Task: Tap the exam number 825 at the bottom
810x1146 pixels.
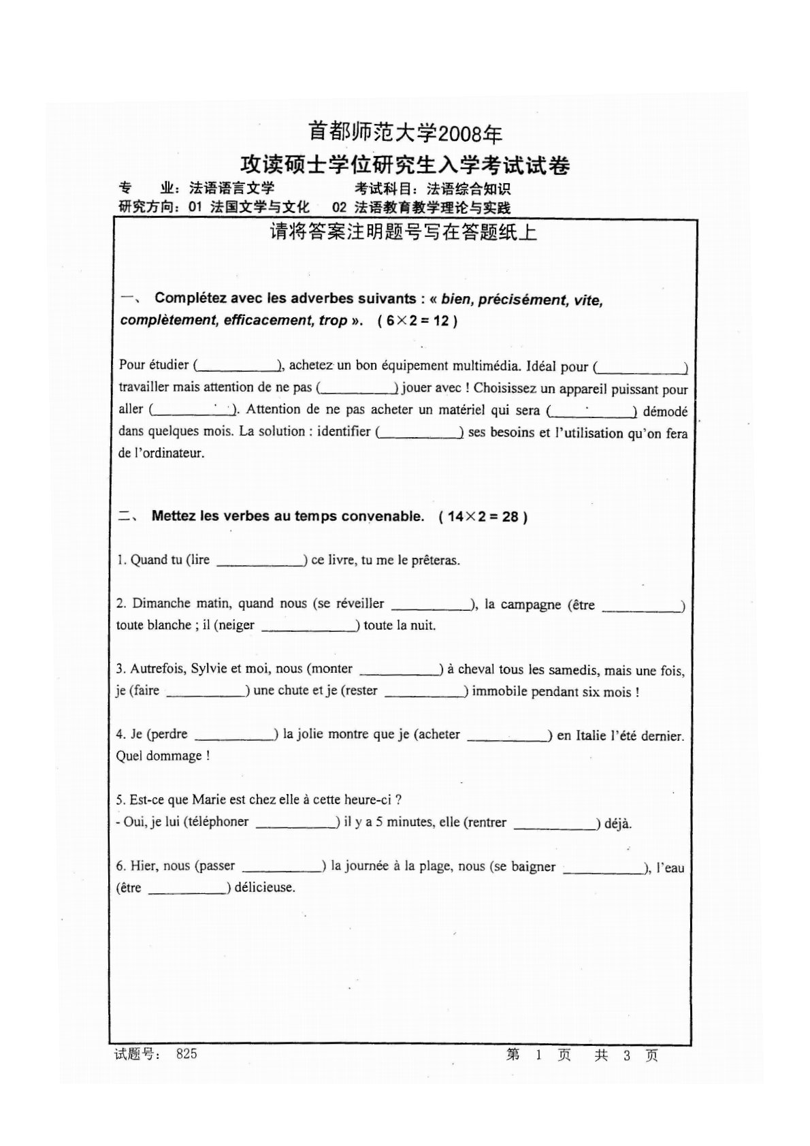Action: (186, 1054)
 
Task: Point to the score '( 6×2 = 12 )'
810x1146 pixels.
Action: (417, 321)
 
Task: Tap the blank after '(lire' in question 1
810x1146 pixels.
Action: (260, 561)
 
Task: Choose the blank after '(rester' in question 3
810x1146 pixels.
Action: (424, 692)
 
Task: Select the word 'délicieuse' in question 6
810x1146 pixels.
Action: (265, 888)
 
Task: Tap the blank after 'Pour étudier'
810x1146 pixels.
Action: (238, 366)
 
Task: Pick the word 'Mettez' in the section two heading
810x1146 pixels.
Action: (174, 516)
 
